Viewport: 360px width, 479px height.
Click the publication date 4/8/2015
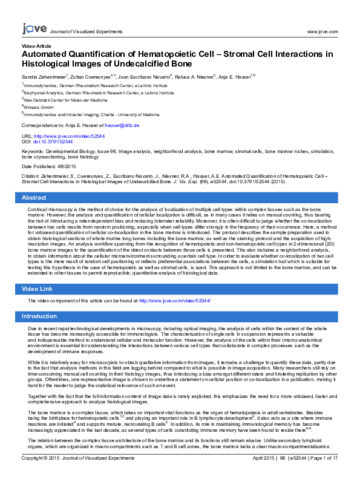tap(66, 166)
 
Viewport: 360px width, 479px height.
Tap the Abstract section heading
tap(34, 198)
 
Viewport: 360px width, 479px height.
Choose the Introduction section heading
tap(39, 316)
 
